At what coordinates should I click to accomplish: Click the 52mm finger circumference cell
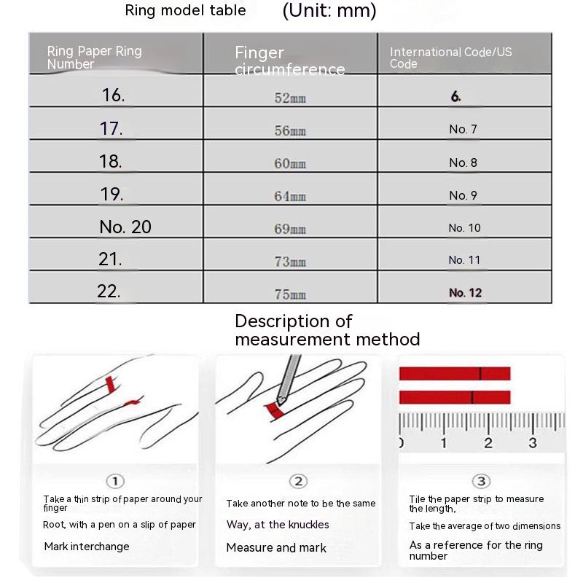point(290,98)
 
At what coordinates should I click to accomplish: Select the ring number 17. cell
point(111,129)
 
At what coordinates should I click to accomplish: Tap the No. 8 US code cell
point(463,163)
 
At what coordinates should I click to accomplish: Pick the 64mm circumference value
point(290,196)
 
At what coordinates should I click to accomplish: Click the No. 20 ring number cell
point(125,227)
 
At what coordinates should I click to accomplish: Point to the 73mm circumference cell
point(290,262)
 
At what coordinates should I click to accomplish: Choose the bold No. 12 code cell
point(466,293)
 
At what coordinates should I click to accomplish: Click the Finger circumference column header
point(289,60)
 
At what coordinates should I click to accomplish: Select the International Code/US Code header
point(450,58)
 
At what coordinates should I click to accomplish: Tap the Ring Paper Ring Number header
point(94,58)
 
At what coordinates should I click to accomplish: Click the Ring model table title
point(185,10)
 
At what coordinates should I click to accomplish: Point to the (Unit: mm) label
point(329,10)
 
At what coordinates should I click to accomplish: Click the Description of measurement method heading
point(326,330)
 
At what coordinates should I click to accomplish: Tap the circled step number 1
point(115,481)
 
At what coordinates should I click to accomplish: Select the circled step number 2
point(298,481)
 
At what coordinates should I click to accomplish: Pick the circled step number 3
point(482,481)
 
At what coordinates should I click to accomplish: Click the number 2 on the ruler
point(488,443)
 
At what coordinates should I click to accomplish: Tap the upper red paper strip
point(455,374)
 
